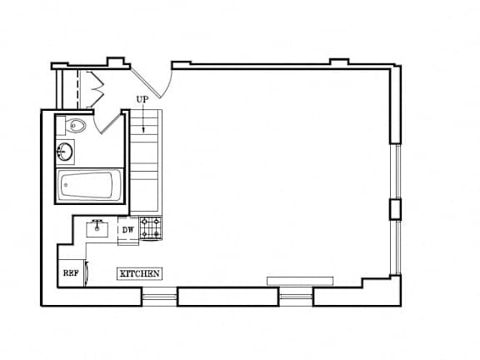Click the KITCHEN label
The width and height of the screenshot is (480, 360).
(x=140, y=273)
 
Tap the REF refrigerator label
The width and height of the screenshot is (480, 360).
(x=71, y=273)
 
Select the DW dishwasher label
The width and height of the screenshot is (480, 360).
(x=128, y=230)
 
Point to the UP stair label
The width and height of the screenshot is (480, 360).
(x=142, y=99)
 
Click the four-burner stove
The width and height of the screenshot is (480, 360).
(x=151, y=228)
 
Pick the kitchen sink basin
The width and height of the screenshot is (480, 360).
(x=97, y=230)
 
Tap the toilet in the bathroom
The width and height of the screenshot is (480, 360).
(x=75, y=125)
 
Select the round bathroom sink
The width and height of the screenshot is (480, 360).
(x=65, y=151)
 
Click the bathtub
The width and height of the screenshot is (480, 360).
(x=89, y=186)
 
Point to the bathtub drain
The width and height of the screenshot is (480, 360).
(x=66, y=185)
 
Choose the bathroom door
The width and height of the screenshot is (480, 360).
(x=111, y=122)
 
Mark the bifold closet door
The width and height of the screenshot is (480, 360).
(x=95, y=90)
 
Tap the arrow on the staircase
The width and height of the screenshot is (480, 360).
(x=143, y=117)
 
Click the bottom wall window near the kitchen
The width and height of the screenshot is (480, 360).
(x=160, y=297)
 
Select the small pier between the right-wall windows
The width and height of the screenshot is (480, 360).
(x=395, y=209)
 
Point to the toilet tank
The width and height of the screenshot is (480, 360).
(x=61, y=126)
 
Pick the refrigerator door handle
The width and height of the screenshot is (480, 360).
(x=87, y=272)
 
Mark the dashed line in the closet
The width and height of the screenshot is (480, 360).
(x=77, y=89)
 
